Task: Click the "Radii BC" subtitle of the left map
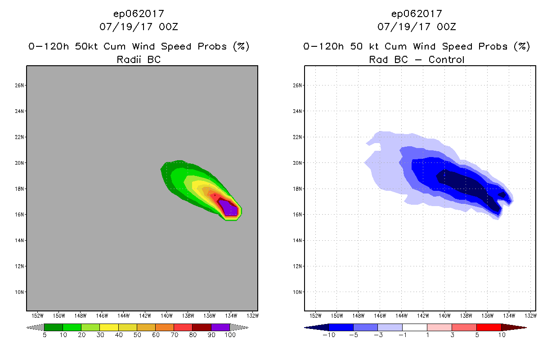tap(139, 59)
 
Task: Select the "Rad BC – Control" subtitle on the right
tap(417, 59)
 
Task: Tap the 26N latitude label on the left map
tap(20, 85)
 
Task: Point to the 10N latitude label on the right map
tap(298, 292)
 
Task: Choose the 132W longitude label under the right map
tap(530, 315)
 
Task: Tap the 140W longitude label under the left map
tap(166, 315)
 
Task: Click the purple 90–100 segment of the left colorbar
tap(220, 327)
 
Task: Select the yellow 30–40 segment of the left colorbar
tap(109, 327)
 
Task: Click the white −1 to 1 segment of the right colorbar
tap(414, 327)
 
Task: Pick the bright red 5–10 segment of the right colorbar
tap(488, 327)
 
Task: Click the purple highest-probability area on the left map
tap(230, 210)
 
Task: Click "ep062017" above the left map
tap(139, 13)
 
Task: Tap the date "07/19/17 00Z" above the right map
tap(417, 27)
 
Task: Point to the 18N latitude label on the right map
tap(298, 189)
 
